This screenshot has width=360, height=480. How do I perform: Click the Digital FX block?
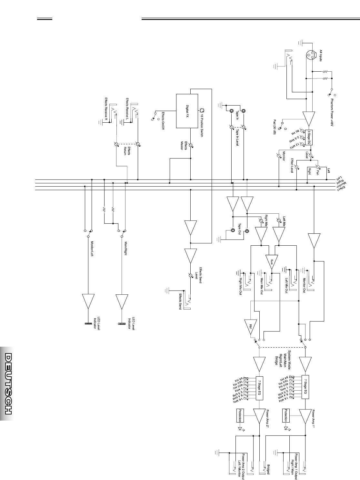(x=187, y=111)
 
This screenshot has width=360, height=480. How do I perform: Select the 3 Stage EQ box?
(x=309, y=137)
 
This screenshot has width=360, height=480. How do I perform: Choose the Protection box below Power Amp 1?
(x=285, y=415)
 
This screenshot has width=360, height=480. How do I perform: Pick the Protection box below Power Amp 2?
(x=240, y=415)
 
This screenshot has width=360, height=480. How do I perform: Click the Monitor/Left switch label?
(x=92, y=249)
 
